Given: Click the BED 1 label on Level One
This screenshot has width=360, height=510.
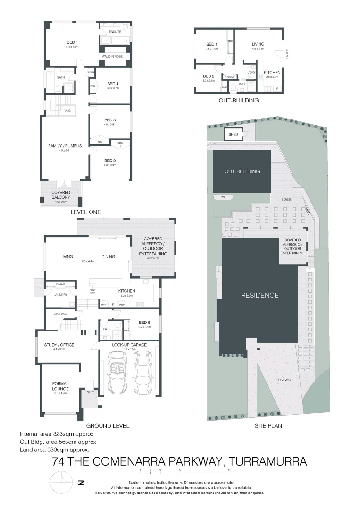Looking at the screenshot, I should click(72, 42).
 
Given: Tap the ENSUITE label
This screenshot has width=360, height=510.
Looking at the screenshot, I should click(115, 32).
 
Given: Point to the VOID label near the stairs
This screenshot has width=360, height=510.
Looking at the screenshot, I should click(68, 110).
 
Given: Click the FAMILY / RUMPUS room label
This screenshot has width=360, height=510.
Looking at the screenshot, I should click(65, 146).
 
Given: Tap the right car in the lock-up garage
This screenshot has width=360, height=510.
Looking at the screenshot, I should click(142, 373).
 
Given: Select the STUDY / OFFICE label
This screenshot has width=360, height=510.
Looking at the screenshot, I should click(59, 345).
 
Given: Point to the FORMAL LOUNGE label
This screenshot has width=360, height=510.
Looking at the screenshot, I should click(60, 386).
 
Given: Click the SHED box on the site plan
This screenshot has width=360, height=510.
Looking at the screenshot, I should click(234, 135).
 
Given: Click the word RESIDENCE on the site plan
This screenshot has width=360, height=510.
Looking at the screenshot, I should click(260, 296).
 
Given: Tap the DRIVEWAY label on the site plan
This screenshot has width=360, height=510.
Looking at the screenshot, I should click(284, 380).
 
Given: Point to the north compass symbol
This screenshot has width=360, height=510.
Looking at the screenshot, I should click(61, 483).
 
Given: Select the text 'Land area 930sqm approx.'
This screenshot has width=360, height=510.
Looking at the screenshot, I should click(54, 450).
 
